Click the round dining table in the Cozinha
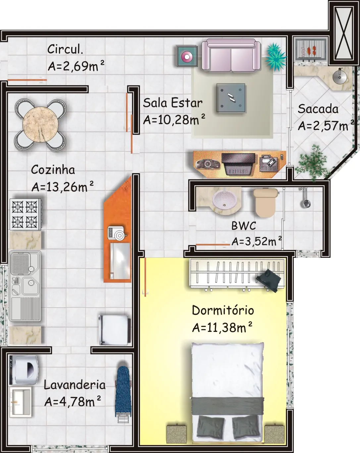(40, 124)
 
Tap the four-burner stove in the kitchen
(26, 214)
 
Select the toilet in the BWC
(266, 203)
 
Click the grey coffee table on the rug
(231, 98)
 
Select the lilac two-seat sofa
(231, 55)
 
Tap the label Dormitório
(223, 310)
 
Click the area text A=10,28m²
(174, 119)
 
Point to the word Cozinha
(53, 170)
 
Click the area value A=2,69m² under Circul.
(76, 66)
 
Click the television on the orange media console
(238, 164)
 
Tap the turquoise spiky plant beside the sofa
(275, 57)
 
